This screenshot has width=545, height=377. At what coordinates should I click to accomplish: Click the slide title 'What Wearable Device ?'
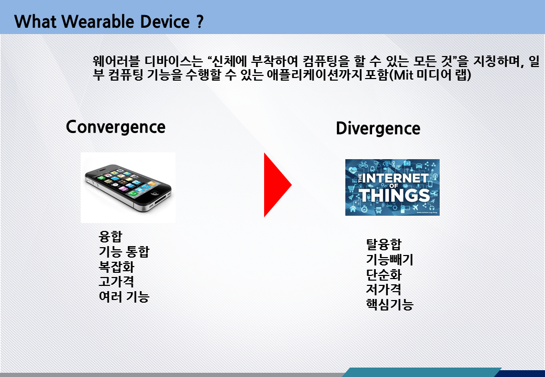[x=109, y=21]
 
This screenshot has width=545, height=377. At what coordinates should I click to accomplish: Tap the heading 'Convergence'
[x=116, y=127]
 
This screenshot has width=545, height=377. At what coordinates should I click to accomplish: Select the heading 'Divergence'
[x=378, y=129]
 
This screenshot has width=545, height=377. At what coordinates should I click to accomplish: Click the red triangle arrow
[x=277, y=185]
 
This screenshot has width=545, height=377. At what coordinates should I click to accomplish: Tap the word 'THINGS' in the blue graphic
[x=394, y=195]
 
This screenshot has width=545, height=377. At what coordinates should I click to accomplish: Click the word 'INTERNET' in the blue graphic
[x=396, y=178]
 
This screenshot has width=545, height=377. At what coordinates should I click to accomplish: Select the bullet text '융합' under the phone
[x=111, y=236]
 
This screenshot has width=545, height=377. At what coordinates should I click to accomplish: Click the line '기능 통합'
[x=124, y=251]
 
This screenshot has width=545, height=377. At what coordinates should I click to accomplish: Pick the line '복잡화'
[x=116, y=267]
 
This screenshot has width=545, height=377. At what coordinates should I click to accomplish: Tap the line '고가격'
[x=116, y=282]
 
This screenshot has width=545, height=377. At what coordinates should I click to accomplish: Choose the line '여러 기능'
[x=124, y=297]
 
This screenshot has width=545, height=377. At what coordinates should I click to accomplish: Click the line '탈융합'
[x=384, y=245]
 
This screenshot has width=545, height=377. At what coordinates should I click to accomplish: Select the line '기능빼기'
[x=390, y=259]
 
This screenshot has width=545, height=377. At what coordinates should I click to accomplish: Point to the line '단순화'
[x=384, y=274]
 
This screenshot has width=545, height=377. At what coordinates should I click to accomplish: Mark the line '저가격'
[x=384, y=289]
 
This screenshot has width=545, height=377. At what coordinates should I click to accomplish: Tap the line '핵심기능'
[x=390, y=304]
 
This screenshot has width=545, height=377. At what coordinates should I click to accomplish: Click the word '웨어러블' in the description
[x=116, y=61]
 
